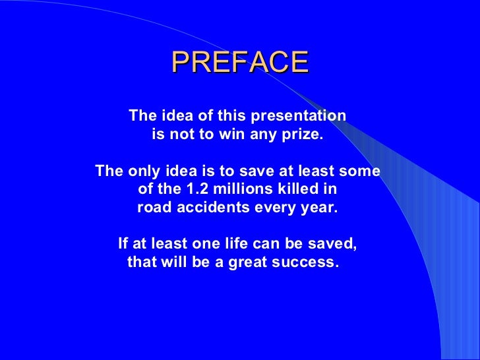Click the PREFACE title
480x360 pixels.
tap(240, 63)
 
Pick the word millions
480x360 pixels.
tap(239, 190)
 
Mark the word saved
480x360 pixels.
tap(336, 244)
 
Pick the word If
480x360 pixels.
tap(122, 244)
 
